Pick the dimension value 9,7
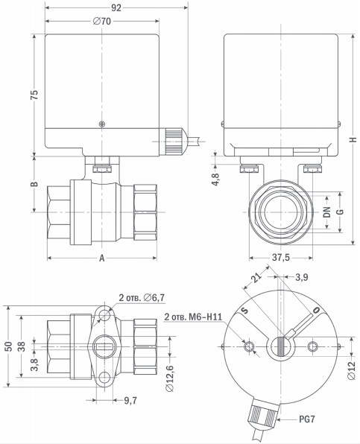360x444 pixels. point(130,400)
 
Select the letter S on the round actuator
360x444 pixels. point(242,310)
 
